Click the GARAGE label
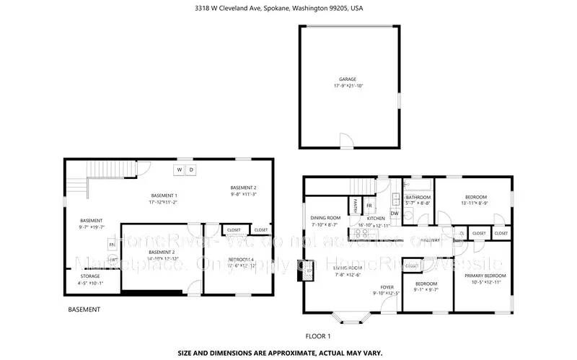[348, 79]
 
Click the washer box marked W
[179, 170]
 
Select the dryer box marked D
[191, 170]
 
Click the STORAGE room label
[90, 276]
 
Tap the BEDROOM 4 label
[241, 260]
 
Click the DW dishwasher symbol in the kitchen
[395, 213]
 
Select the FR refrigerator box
[369, 206]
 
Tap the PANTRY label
[357, 205]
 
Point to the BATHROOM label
[418, 197]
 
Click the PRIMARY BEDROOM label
[485, 276]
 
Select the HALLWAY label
[430, 240]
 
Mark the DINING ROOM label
[325, 217]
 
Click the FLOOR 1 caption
[318, 336]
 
